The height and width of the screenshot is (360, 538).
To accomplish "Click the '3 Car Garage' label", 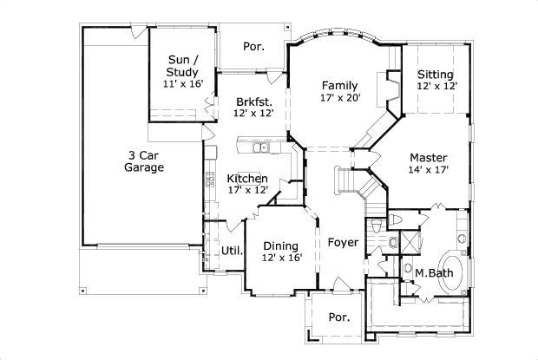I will click(x=144, y=161).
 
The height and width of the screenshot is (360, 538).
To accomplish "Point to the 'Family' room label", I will click(x=339, y=86).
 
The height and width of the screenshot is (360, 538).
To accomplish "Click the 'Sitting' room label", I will click(x=436, y=75).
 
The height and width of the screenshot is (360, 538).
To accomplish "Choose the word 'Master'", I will click(x=429, y=158).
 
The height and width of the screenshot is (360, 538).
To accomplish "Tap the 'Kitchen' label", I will click(x=247, y=179).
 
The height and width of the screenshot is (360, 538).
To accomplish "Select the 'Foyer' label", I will click(x=343, y=242).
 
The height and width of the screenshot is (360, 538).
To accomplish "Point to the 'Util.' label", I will click(x=232, y=252).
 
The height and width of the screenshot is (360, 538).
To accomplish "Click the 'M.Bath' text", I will click(x=430, y=274).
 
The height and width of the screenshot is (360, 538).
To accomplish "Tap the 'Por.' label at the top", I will click(x=253, y=46).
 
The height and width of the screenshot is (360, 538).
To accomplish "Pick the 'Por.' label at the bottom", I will click(x=338, y=317).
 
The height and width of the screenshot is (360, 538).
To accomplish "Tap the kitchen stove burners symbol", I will click(x=210, y=180).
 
